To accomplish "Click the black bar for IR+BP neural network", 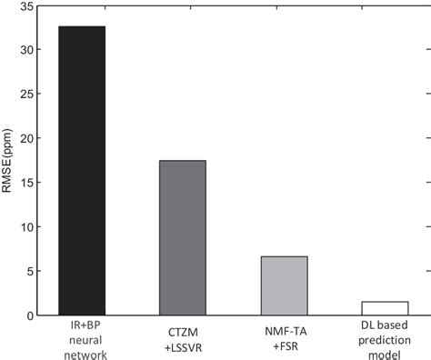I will tap(82, 171).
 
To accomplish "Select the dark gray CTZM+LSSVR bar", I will tap(182, 238).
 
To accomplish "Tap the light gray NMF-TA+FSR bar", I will tap(284, 285).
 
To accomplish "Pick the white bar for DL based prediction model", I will tap(385, 308).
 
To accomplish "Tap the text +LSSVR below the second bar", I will tap(183, 339).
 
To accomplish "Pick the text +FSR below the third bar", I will tap(284, 339).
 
